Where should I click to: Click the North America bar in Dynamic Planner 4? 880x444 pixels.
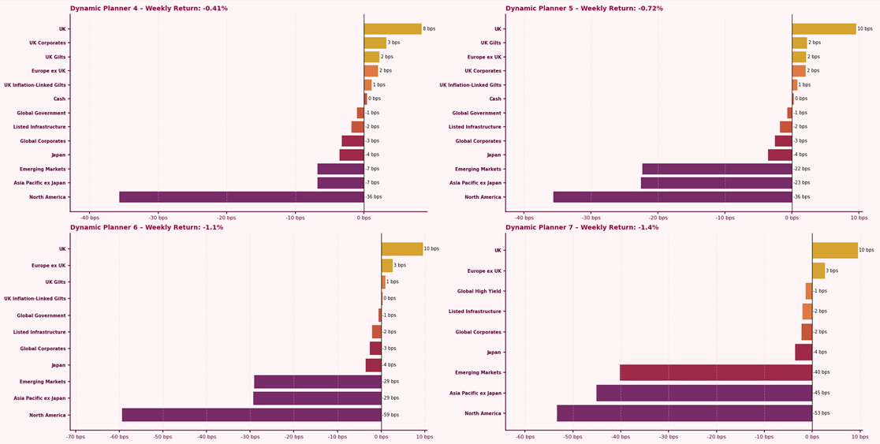click(x=241, y=197)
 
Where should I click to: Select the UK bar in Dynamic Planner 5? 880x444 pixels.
click(x=823, y=29)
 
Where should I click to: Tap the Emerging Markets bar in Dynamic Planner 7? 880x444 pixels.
click(x=716, y=372)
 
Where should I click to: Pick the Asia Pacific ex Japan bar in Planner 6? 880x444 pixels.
click(x=317, y=398)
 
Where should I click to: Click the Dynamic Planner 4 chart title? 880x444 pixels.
click(x=149, y=9)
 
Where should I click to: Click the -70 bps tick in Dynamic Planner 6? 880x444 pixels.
click(x=76, y=436)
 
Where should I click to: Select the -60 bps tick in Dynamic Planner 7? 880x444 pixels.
click(x=525, y=436)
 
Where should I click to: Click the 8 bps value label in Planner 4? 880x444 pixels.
click(x=429, y=29)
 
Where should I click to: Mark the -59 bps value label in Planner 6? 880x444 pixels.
click(x=391, y=415)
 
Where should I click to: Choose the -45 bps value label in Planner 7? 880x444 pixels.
click(x=822, y=393)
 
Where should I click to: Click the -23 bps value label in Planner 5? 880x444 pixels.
click(x=801, y=183)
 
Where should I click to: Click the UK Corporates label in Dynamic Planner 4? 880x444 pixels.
click(x=48, y=43)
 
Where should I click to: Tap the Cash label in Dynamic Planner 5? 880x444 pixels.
click(x=495, y=99)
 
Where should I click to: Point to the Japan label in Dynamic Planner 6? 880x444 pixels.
click(x=58, y=365)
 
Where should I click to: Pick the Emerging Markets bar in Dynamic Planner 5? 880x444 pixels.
click(x=717, y=169)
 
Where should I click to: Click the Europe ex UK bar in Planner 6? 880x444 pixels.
click(x=386, y=266)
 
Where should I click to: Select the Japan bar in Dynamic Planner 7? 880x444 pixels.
click(x=804, y=353)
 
